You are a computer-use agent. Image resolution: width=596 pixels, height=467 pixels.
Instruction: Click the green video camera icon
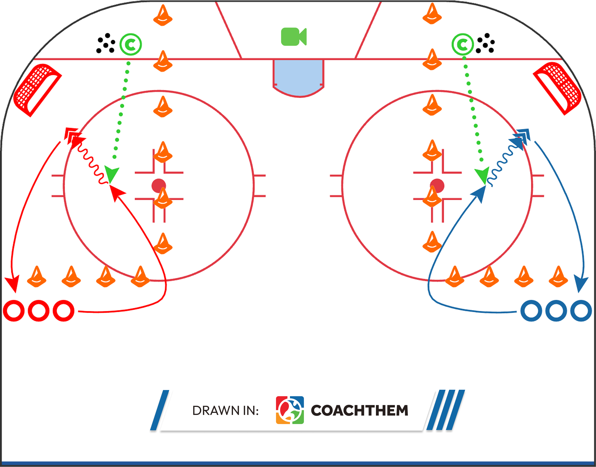[294, 37]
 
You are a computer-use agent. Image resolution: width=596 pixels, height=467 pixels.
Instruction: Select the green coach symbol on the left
[131, 45]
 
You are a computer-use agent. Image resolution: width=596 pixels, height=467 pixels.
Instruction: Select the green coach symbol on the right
[463, 45]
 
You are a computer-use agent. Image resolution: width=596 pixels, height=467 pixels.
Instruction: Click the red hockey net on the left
[37, 90]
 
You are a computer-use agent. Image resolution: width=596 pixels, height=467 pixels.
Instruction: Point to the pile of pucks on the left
[105, 43]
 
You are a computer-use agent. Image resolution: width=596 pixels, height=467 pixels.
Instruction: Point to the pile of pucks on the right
[485, 43]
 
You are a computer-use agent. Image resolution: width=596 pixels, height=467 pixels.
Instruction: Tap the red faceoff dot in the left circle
[159, 186]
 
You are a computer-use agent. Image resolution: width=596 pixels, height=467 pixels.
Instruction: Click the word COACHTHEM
[359, 410]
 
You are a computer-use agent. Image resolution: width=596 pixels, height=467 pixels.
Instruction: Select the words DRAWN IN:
[225, 411]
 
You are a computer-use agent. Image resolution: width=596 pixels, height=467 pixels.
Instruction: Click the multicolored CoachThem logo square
[290, 410]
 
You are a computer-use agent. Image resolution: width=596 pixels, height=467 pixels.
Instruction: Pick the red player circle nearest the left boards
[14, 311]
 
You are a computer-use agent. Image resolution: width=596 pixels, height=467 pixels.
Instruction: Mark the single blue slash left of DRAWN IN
[159, 410]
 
